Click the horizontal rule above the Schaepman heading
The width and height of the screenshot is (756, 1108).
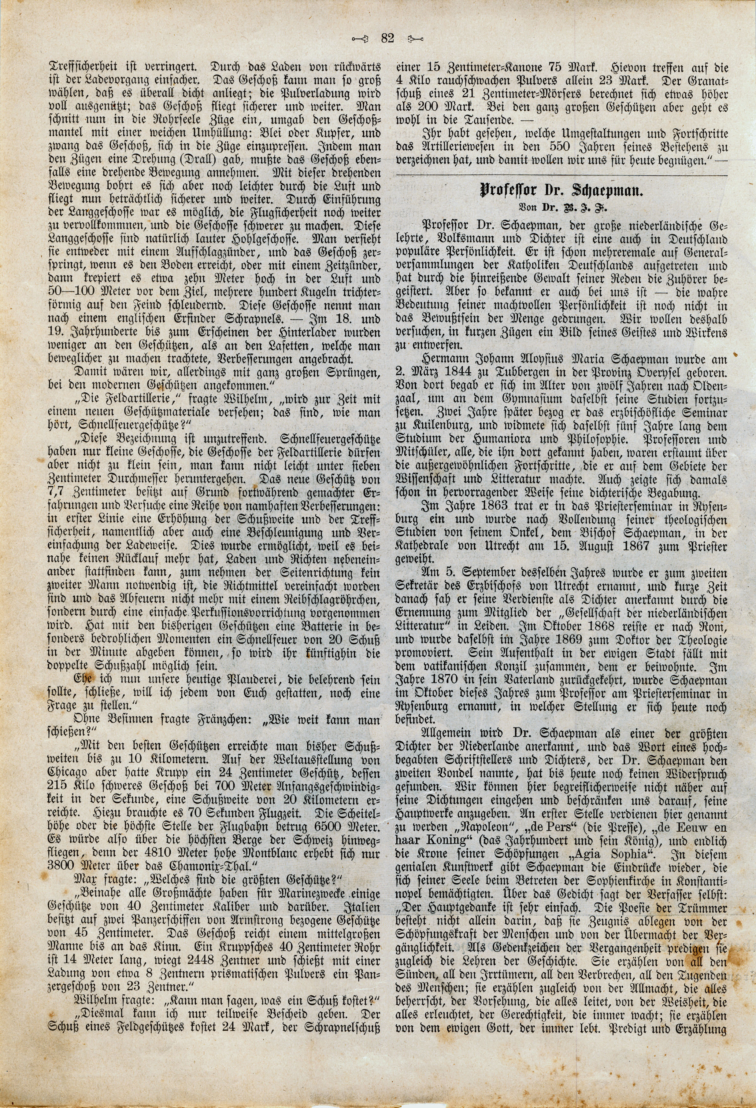point(561,176)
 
